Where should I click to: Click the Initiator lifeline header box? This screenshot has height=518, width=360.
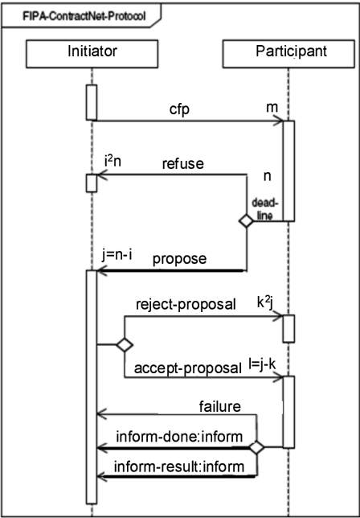(x=92, y=54)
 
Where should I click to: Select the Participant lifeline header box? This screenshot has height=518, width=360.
(x=288, y=54)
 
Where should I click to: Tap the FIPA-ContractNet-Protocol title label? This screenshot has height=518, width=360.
(x=84, y=16)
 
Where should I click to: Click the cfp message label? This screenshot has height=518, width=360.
(x=179, y=110)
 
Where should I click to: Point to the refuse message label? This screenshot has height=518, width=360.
(x=183, y=163)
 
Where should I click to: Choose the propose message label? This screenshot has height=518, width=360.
(x=179, y=259)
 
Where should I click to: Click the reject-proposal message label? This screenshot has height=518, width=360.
(x=186, y=305)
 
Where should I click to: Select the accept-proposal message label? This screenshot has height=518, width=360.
(x=188, y=368)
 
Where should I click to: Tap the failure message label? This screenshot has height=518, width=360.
(x=219, y=407)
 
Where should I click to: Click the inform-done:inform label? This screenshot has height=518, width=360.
(x=179, y=437)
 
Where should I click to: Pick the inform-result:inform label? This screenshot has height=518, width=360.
(x=179, y=467)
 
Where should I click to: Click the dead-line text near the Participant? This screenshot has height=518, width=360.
(x=263, y=209)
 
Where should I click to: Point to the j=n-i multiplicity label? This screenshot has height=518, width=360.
(x=117, y=255)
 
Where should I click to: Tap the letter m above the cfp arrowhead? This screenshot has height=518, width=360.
(x=272, y=107)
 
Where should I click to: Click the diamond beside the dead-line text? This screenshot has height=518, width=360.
(x=246, y=221)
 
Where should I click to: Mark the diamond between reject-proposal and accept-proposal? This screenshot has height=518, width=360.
(x=125, y=345)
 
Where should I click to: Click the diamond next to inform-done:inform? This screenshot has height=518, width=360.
(x=256, y=448)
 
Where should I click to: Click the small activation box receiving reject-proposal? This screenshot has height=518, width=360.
(x=288, y=329)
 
